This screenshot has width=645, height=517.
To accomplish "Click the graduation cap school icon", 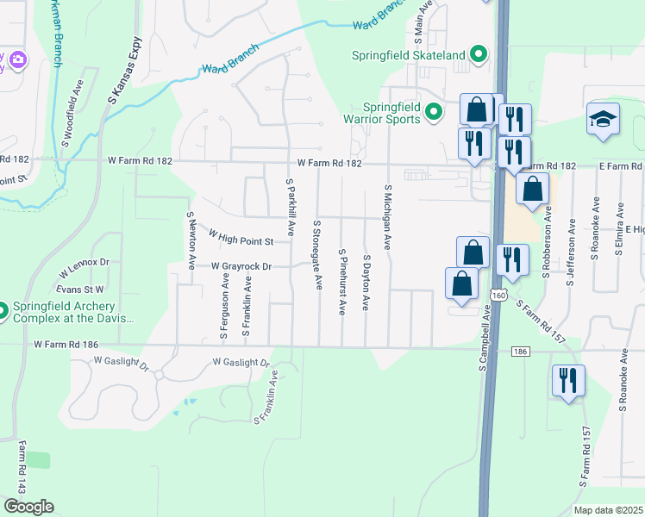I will pos(603,121).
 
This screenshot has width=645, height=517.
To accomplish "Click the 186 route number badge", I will pos(519,352).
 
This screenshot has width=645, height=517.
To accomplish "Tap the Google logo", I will pos(28,507).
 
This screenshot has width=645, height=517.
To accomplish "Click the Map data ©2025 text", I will pos(608,510).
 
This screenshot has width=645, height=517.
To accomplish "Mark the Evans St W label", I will pos(81,290).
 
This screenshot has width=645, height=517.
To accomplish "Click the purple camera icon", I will pos(18,60).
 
